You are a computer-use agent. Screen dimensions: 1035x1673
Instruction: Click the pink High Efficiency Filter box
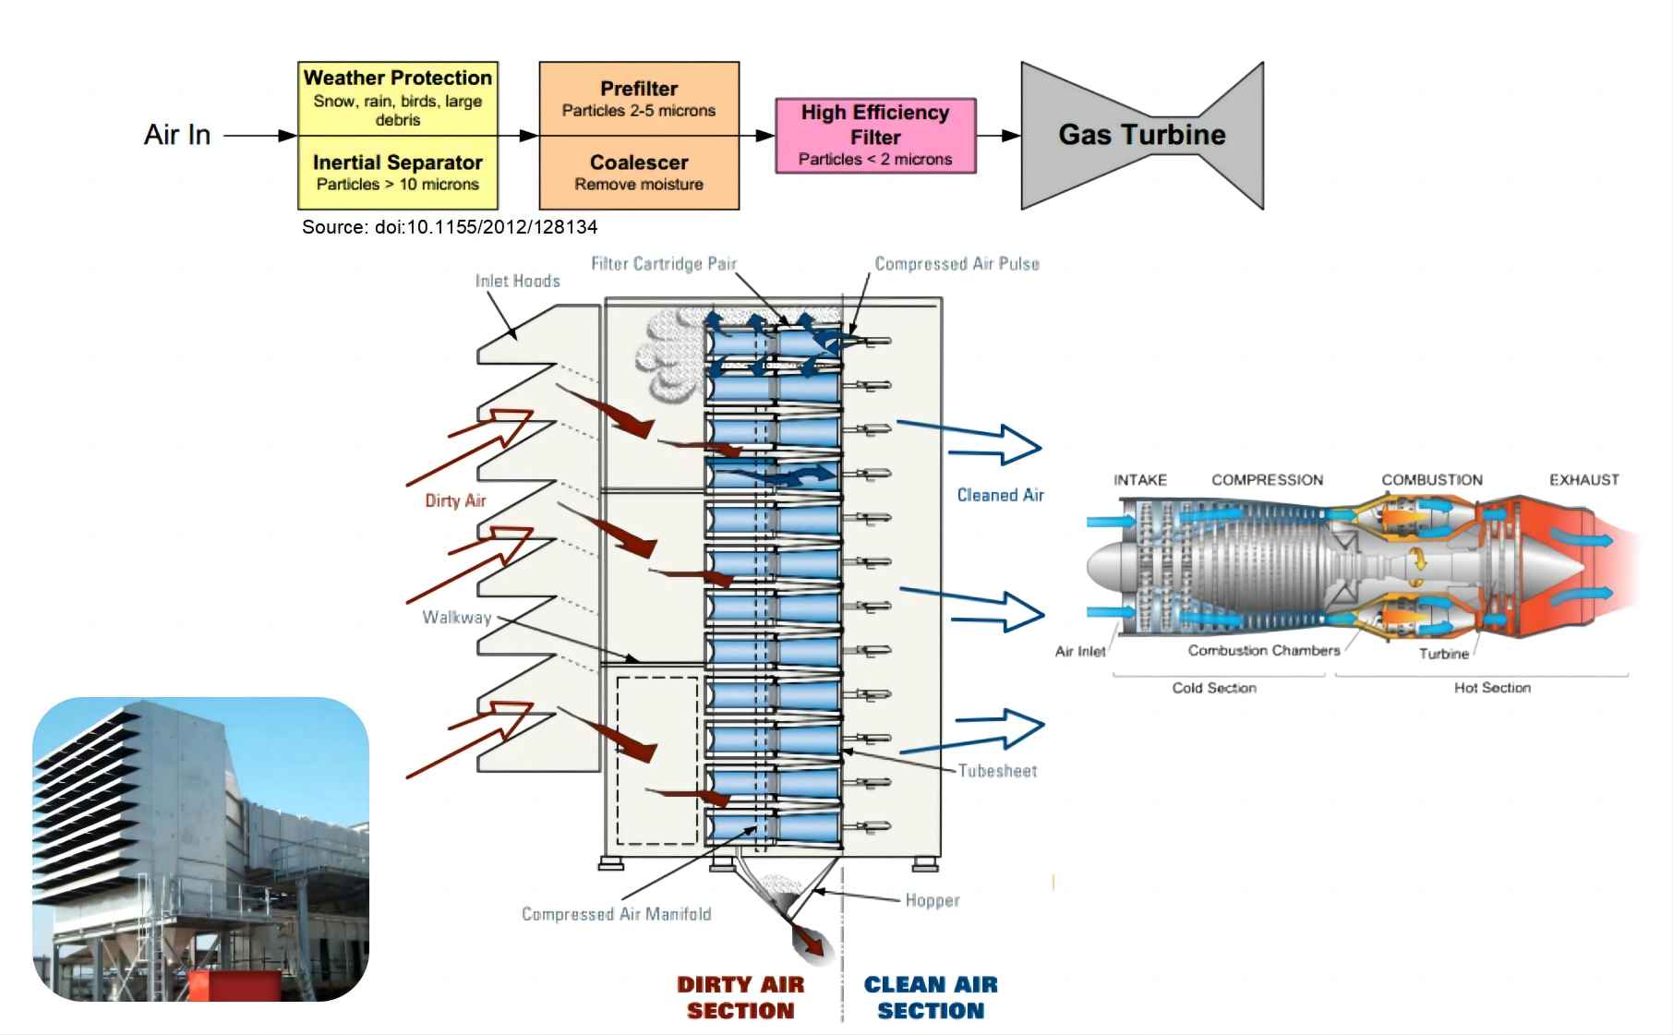pos(874,136)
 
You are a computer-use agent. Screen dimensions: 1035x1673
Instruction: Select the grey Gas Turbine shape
pos(1141,135)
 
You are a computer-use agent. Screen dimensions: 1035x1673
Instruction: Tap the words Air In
pos(177,135)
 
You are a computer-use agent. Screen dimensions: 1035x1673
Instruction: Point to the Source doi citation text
pos(450,227)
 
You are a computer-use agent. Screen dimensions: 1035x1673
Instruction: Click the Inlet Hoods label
pos(517,281)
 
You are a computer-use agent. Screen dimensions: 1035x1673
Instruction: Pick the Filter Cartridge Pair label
pos(663,264)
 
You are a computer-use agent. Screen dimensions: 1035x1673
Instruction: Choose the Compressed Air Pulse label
pos(957,264)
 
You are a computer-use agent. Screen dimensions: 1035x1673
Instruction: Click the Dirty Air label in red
pos(455,500)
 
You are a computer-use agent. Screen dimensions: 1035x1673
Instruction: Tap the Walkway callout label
pos(456,618)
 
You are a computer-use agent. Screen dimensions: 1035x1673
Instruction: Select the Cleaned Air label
pos(1000,496)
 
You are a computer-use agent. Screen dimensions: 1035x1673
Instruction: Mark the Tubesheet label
pos(997,771)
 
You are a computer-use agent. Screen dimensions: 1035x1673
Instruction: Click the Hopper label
pos(932,900)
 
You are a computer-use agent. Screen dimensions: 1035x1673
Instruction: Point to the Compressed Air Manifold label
pos(616,914)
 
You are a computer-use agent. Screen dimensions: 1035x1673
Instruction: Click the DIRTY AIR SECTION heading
pos(740,998)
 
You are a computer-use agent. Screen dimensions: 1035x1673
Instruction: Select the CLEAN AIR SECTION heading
pos(931,998)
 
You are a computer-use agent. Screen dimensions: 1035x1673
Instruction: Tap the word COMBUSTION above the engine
pos(1431,480)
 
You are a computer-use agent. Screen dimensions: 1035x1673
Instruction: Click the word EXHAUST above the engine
pos(1583,480)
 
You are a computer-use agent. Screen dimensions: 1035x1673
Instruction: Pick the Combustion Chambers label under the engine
pos(1263,651)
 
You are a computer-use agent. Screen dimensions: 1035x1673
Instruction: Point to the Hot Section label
pos(1492,688)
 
